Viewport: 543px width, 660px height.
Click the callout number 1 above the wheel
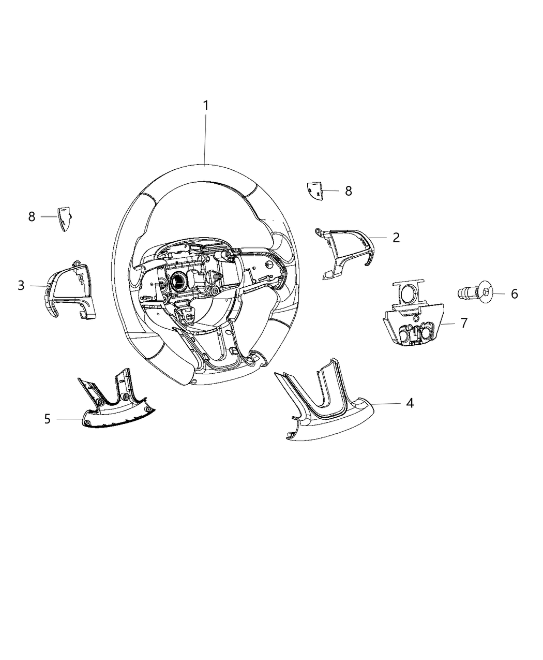click(x=205, y=106)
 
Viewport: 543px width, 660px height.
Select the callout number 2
click(x=396, y=238)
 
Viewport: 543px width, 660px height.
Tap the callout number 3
click(x=21, y=285)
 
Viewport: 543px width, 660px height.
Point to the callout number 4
click(x=409, y=403)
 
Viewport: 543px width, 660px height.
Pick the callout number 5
click(x=47, y=418)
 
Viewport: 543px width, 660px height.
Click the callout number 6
click(x=514, y=294)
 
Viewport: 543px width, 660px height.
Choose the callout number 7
click(x=463, y=323)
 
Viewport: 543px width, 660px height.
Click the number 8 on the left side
click(x=32, y=216)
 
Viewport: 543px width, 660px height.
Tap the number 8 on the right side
click(x=348, y=191)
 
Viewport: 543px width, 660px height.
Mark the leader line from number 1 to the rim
click(x=205, y=137)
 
